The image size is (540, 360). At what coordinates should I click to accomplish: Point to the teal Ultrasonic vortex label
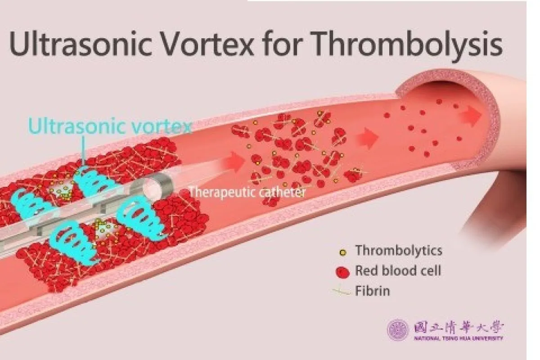click(x=110, y=126)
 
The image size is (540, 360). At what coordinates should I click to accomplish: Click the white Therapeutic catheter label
click(x=247, y=192)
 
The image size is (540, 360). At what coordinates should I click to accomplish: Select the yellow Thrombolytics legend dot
click(x=342, y=252)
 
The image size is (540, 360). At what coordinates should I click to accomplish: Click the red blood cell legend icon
click(x=342, y=273)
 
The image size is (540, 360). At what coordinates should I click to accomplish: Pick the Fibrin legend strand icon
click(x=342, y=291)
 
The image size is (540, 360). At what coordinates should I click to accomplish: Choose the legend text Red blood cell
click(x=398, y=270)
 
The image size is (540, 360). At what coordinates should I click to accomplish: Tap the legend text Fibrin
click(x=373, y=291)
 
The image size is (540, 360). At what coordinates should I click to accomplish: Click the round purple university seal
click(x=398, y=330)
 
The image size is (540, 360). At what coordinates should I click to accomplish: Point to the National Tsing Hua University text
click(x=459, y=338)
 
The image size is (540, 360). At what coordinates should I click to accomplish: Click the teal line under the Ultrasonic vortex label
click(x=83, y=150)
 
